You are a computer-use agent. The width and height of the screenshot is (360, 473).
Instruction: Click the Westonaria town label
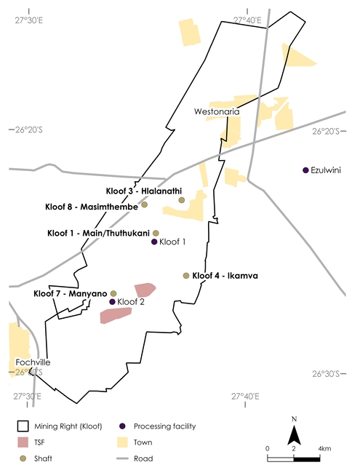[217, 112]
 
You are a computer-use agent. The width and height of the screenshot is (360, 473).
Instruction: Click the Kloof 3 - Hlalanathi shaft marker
[181, 199]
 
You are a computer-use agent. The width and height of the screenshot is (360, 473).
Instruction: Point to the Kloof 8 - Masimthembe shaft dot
[144, 204]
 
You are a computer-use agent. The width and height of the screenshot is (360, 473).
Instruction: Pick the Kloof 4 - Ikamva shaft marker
[186, 276]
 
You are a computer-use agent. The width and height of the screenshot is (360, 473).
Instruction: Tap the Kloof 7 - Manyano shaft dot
[113, 293]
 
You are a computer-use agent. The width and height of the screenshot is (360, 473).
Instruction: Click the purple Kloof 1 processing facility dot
[153, 242]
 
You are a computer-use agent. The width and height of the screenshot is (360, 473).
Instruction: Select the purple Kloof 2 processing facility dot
[111, 301]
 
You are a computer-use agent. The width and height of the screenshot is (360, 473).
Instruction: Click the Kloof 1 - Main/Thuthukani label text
[98, 233]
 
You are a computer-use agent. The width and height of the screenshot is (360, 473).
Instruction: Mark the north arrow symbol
[294, 435]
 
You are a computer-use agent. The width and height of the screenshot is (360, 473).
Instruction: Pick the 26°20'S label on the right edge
[330, 132]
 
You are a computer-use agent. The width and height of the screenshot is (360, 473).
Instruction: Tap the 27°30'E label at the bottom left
[28, 397]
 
